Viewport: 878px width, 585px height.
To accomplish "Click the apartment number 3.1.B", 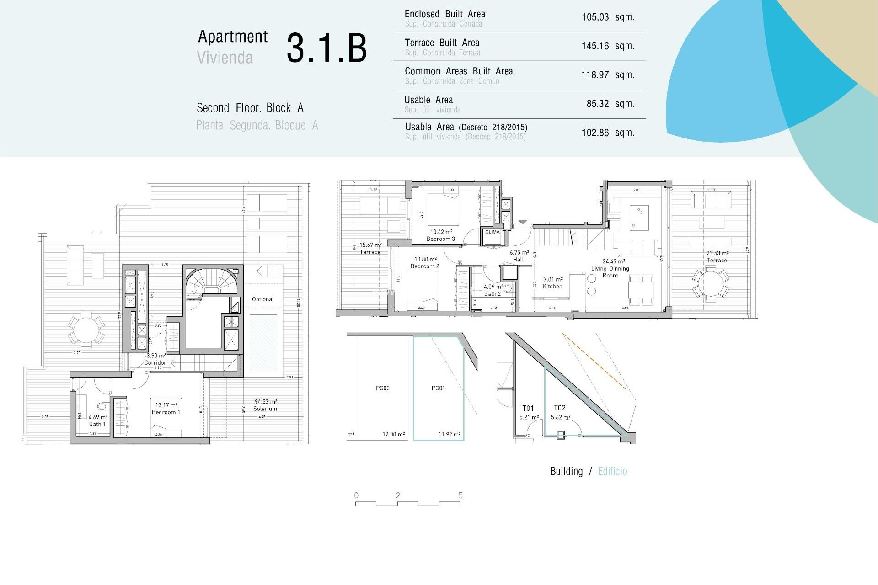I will point(327,48).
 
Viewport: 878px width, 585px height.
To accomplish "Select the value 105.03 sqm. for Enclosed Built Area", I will point(607,17).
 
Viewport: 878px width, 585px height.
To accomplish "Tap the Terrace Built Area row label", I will point(442,43).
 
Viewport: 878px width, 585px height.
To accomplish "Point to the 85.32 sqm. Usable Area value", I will point(610,104).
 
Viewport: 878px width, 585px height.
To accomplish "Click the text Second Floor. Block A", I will point(250,108).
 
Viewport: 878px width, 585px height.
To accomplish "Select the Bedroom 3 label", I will point(440,239).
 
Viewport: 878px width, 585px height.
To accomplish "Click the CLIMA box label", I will point(492,232).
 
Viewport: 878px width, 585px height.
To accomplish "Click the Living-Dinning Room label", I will point(610,271).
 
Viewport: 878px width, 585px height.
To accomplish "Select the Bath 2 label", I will point(493,293).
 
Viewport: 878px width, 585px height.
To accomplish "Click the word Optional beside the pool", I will point(262,299).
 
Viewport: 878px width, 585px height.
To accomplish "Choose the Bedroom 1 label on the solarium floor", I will point(166,412).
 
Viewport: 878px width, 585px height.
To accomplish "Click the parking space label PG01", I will point(438,388).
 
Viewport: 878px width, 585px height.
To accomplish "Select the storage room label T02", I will point(559,408).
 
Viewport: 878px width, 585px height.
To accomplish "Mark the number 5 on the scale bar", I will point(460,495).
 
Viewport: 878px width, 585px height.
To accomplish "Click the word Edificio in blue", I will point(612,472).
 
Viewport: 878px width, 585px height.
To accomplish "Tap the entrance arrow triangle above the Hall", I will point(522,223).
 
